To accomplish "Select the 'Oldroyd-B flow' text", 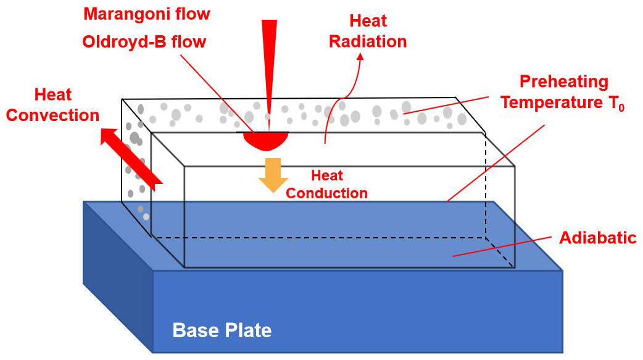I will pyautogui.click(x=143, y=43).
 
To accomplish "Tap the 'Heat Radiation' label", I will pyautogui.click(x=368, y=31).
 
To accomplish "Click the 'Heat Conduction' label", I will pyautogui.click(x=326, y=184).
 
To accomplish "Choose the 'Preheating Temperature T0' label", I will pyautogui.click(x=562, y=92).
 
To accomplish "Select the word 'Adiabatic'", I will pyautogui.click(x=597, y=238).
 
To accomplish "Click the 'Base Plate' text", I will pyautogui.click(x=222, y=330).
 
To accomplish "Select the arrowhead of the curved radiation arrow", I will pyautogui.click(x=360, y=57).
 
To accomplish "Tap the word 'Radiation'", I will pyautogui.click(x=368, y=41).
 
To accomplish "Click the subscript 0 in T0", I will pyautogui.click(x=621, y=107).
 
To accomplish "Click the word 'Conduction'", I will pyautogui.click(x=326, y=193).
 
